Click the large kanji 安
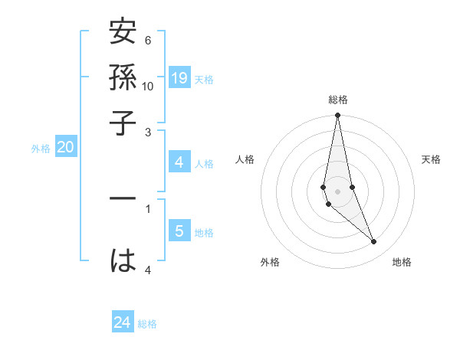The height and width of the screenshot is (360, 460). click(x=123, y=34)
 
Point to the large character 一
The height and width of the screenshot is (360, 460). click(x=123, y=198)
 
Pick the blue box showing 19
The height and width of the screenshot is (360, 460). click(x=179, y=78)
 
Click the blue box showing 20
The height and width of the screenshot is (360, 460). click(x=65, y=148)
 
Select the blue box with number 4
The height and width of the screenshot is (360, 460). click(x=179, y=162)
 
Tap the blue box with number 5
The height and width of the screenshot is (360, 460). click(x=179, y=231)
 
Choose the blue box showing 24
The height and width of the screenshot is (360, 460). click(x=123, y=322)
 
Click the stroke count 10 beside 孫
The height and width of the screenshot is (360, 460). click(x=148, y=86)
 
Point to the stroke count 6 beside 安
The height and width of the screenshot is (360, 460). click(x=148, y=40)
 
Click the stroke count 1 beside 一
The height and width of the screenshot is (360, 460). click(x=148, y=207)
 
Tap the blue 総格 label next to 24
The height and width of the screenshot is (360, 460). click(x=147, y=324)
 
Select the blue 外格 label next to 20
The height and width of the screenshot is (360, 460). click(x=41, y=149)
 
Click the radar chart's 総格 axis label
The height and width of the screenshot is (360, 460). click(x=337, y=100)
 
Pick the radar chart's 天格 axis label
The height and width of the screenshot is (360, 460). click(x=431, y=159)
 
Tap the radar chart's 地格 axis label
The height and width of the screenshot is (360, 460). click(x=402, y=262)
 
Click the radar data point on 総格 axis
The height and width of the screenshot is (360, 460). click(x=337, y=116)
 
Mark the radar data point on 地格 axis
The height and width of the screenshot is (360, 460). click(x=374, y=242)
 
